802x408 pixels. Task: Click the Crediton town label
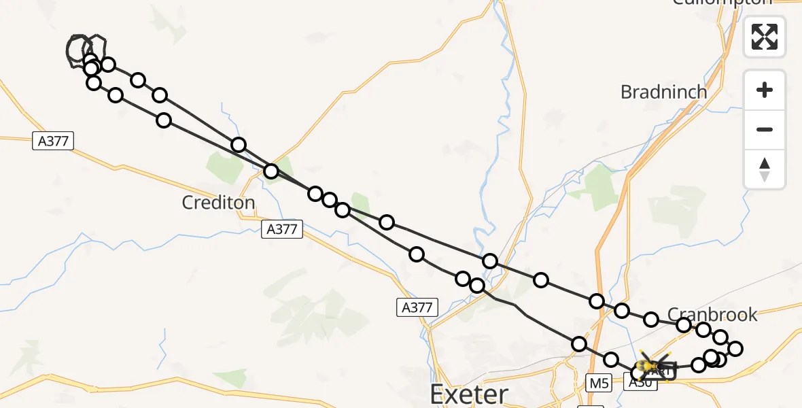pyautogui.click(x=218, y=202)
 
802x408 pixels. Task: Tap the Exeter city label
pyautogui.click(x=469, y=394)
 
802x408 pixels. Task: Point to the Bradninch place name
pyautogui.click(x=663, y=92)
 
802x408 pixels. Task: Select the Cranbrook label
pyautogui.click(x=712, y=314)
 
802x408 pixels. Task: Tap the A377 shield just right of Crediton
pyautogui.click(x=281, y=229)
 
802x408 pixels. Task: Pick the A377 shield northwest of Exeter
pyautogui.click(x=416, y=307)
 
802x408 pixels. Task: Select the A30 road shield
pyautogui.click(x=642, y=383)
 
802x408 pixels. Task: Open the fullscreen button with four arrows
pyautogui.click(x=765, y=37)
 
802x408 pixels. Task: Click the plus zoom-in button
pyautogui.click(x=765, y=90)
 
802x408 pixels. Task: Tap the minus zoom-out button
pyautogui.click(x=765, y=129)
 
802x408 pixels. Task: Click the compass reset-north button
pyautogui.click(x=765, y=169)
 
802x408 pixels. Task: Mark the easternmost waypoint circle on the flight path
pyautogui.click(x=735, y=349)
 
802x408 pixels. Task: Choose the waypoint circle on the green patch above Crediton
pyautogui.click(x=271, y=171)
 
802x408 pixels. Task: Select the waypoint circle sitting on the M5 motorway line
pyautogui.click(x=597, y=301)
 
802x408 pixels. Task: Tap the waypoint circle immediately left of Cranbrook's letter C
pyautogui.click(x=651, y=320)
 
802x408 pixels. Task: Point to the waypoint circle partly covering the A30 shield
pyautogui.click(x=638, y=373)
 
